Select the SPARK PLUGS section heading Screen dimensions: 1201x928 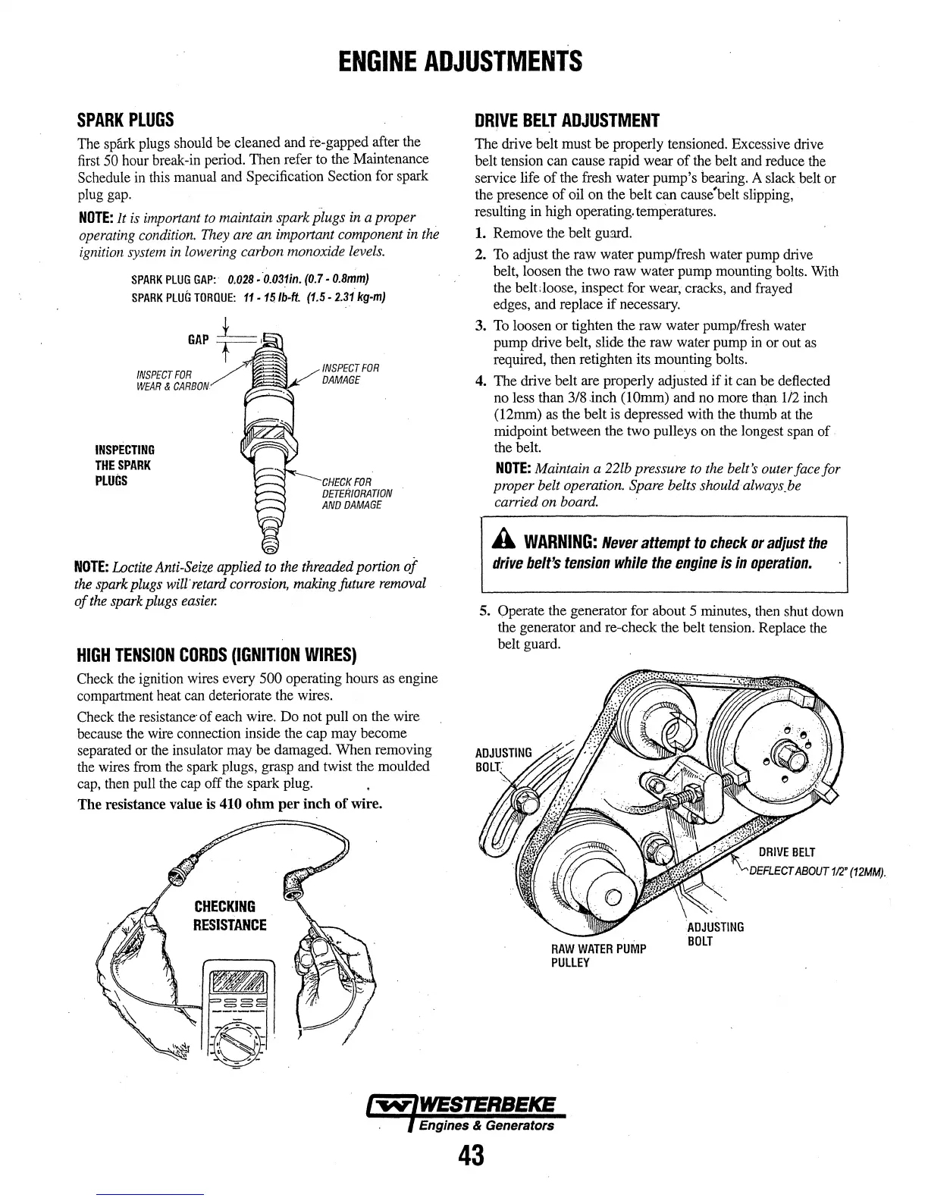(x=126, y=120)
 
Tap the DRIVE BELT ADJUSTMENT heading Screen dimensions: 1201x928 (x=566, y=121)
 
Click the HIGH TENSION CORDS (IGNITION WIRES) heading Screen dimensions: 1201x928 (x=217, y=655)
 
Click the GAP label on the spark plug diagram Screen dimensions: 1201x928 (x=198, y=339)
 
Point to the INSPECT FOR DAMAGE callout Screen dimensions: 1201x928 (x=350, y=374)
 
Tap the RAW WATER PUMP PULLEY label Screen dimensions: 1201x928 (x=598, y=955)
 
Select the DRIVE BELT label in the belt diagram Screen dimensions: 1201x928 (x=786, y=853)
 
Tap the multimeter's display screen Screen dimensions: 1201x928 (x=238, y=985)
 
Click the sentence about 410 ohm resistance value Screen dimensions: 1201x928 (x=230, y=804)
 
